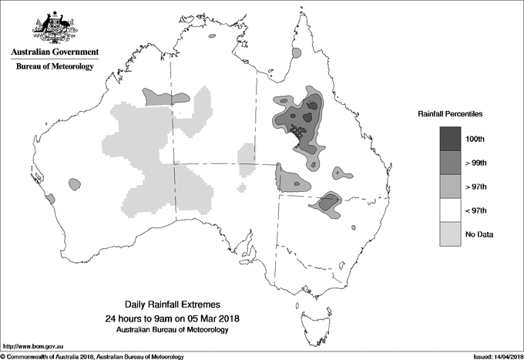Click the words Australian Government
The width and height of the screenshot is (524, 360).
(x=55, y=52)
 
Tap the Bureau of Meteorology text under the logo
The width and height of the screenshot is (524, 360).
(x=55, y=66)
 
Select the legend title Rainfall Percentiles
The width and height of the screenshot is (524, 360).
(x=450, y=114)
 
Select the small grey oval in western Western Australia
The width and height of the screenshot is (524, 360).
(x=75, y=183)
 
